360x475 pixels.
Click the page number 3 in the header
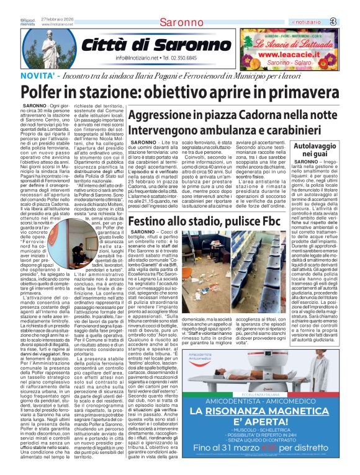click(351, 22)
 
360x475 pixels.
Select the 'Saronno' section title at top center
click(168, 23)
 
